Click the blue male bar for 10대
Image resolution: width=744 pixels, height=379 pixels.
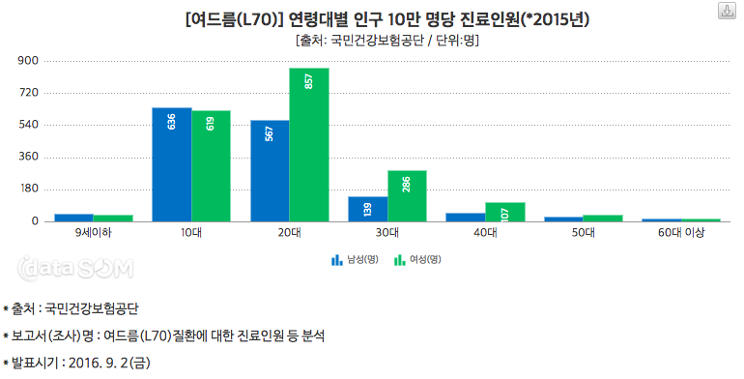tap(171, 164)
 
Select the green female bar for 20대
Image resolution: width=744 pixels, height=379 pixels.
tap(309, 144)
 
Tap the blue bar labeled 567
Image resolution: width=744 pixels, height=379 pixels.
tap(270, 171)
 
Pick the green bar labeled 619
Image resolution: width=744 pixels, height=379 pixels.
tap(211, 166)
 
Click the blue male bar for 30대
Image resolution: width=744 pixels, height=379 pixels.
tap(367, 209)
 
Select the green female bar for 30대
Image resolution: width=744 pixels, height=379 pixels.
tap(407, 196)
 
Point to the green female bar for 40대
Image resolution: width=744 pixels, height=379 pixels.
tap(504, 212)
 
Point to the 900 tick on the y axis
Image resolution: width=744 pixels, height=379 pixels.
tap(27, 61)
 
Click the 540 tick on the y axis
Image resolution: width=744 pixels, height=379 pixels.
tap(27, 125)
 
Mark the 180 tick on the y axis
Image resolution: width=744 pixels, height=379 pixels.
tap(27, 189)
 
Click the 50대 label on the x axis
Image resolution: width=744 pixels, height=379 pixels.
tap(583, 233)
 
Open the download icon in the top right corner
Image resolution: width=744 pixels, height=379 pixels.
tap(725, 12)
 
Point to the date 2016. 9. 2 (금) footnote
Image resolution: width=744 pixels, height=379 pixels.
tap(77, 363)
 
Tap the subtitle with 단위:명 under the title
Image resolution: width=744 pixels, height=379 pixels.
tap(387, 41)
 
